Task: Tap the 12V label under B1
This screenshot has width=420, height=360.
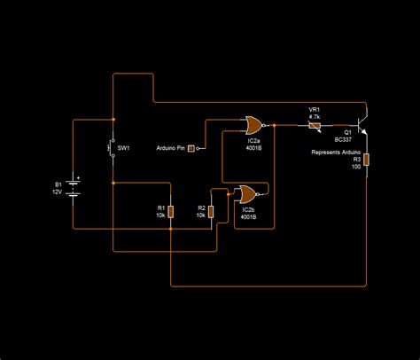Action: click(x=58, y=192)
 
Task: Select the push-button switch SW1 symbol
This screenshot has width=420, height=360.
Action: click(x=113, y=148)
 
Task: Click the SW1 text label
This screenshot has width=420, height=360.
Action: click(x=125, y=148)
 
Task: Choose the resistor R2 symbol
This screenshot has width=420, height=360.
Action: click(x=212, y=211)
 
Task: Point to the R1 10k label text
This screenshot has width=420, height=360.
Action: click(x=160, y=215)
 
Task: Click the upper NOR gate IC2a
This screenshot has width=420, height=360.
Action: click(x=254, y=125)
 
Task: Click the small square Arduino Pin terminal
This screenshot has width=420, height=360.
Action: click(x=190, y=146)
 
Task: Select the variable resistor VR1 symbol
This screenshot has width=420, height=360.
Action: click(x=314, y=126)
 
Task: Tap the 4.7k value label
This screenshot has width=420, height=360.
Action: click(x=314, y=116)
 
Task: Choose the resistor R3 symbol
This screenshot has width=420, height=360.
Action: click(x=365, y=160)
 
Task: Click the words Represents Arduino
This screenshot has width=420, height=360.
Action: click(x=336, y=153)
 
